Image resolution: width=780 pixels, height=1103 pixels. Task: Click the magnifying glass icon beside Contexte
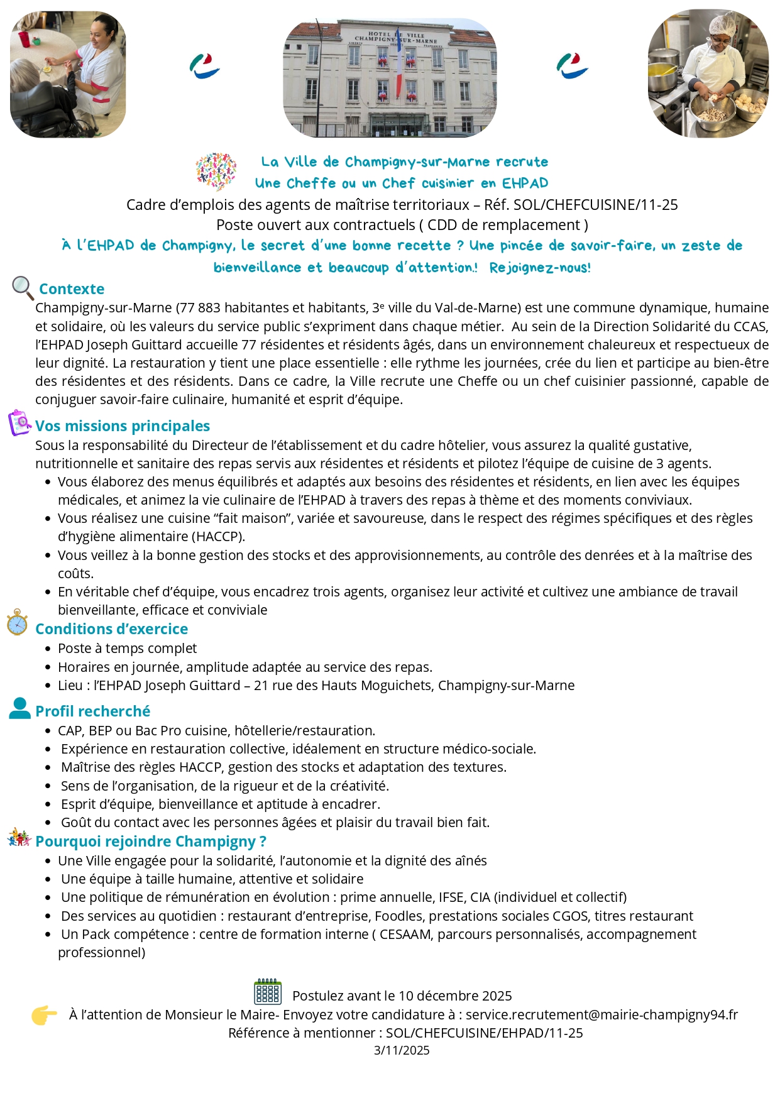(23, 288)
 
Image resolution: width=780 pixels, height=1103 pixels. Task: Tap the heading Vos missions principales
(123, 426)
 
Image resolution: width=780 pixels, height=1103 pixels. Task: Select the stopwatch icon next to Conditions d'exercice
(17, 622)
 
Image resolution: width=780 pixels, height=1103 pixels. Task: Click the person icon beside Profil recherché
(20, 708)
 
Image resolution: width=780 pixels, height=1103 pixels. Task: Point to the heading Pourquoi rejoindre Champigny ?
(151, 842)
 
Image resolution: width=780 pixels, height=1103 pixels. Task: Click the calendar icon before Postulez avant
(268, 992)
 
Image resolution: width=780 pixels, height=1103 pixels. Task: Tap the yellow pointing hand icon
(44, 1014)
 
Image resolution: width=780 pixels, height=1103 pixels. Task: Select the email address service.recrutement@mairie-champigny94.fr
(601, 1014)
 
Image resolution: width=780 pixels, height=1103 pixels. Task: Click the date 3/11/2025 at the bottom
(402, 1050)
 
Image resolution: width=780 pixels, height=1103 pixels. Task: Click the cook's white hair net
(722, 25)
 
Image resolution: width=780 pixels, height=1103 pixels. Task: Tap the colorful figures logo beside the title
(216, 171)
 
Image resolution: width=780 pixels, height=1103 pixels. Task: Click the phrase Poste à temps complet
(127, 649)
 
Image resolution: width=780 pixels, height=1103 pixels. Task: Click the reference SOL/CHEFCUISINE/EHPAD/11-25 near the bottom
(484, 1033)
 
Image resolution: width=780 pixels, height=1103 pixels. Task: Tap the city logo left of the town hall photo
(204, 66)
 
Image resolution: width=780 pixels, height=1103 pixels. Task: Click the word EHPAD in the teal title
(525, 184)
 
